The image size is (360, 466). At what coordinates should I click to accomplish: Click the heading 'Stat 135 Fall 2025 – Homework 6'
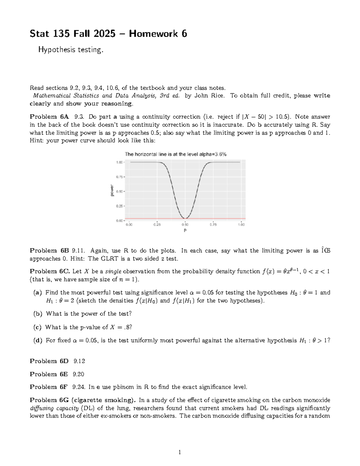tap(108, 34)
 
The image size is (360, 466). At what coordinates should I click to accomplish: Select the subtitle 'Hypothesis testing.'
tap(70, 50)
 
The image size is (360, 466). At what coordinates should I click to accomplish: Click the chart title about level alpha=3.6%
tap(175, 154)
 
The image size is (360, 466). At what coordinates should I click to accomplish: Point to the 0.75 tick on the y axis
tap(119, 177)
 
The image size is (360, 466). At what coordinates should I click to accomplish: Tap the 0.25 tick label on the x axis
tap(157, 224)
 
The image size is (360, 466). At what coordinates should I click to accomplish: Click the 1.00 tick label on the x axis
tap(241, 224)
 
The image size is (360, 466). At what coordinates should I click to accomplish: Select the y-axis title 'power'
tap(112, 191)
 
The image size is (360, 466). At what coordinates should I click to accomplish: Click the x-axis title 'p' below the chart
tap(185, 230)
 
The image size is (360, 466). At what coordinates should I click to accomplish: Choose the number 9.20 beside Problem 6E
tap(79, 374)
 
